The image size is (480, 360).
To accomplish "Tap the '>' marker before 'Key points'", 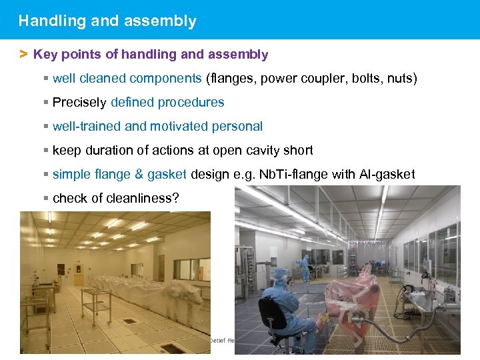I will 23,54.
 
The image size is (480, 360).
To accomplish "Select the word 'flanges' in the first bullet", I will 231,79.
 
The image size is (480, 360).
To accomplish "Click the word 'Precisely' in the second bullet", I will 79,103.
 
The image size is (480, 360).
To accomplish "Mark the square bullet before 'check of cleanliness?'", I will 45,198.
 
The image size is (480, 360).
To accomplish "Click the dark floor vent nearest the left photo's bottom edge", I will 172,348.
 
